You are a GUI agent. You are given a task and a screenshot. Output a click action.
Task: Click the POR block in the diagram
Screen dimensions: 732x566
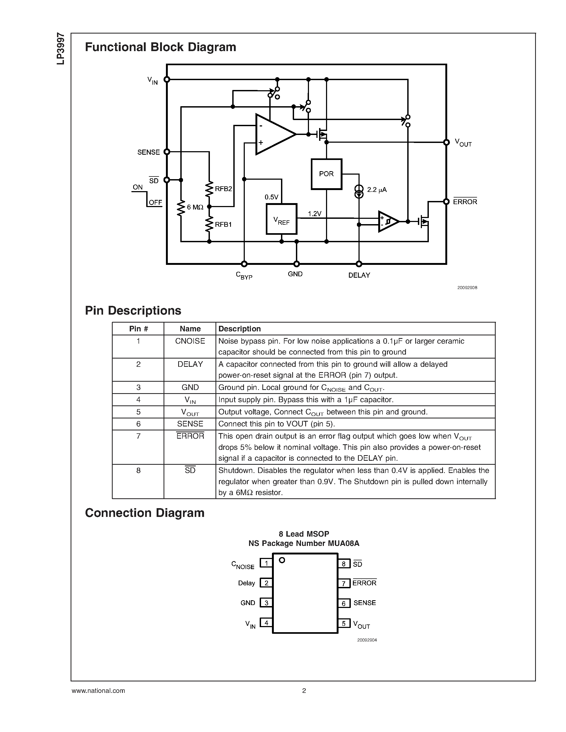coord(326,174)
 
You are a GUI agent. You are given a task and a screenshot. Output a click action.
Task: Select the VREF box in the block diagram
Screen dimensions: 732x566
coord(281,219)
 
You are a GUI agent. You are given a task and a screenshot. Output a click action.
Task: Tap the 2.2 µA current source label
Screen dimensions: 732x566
coord(377,190)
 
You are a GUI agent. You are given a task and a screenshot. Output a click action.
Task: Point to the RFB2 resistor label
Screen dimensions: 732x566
coord(223,189)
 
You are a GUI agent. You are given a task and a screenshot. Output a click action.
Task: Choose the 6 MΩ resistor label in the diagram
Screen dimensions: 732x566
coord(195,207)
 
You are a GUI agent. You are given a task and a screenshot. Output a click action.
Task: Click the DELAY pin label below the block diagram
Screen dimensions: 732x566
coord(359,275)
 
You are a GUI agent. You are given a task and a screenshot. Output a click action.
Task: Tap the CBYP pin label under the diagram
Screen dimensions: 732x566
coord(244,275)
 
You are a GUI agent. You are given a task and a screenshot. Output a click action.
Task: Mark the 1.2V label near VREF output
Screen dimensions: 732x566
coord(315,214)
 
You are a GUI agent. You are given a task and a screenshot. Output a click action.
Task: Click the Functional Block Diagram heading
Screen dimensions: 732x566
coord(161,47)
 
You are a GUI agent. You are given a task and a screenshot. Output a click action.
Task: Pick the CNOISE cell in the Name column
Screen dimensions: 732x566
coord(190,341)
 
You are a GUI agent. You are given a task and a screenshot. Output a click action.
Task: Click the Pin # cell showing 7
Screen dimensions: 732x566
coord(138,436)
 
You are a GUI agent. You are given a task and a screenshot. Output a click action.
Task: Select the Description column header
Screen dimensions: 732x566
coord(239,329)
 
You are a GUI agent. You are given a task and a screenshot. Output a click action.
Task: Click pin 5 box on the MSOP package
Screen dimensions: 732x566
coord(344,623)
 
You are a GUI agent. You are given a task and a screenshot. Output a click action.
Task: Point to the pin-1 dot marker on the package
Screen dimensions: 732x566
coord(282,560)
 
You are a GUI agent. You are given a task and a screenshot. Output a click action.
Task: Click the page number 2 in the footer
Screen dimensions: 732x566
coord(304,691)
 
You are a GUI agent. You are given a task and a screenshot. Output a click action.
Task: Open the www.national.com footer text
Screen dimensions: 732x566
coord(98,691)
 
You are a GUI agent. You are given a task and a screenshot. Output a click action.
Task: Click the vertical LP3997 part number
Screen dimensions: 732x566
coord(61,49)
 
